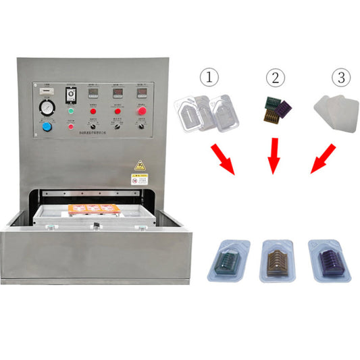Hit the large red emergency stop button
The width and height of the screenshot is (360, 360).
click(142, 111)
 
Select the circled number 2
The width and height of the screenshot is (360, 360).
click(274, 78)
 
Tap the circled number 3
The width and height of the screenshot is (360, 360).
click(344, 78)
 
